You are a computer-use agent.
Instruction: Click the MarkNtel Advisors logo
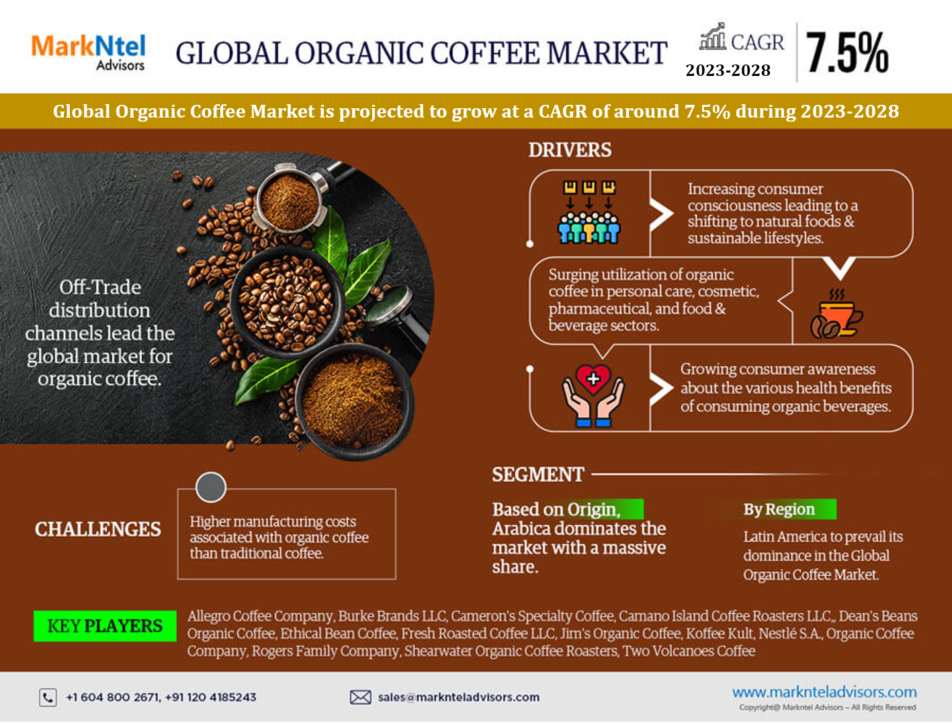point(88,52)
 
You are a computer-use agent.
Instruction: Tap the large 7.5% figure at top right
point(847,52)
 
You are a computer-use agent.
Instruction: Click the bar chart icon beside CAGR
point(712,36)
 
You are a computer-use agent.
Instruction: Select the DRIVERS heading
point(570,150)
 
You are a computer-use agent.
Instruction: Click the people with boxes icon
point(589,212)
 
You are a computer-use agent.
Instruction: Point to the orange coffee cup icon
point(836,314)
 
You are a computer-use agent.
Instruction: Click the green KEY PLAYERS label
point(105,626)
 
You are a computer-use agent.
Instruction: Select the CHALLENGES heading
point(97,529)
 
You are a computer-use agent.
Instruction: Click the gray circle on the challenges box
point(211,487)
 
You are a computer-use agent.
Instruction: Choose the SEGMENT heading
point(537,474)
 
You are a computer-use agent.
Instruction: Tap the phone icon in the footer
point(48,697)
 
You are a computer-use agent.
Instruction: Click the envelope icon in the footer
point(360,697)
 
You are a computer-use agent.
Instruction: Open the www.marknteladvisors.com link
point(824,692)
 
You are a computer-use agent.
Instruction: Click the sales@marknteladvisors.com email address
point(459,697)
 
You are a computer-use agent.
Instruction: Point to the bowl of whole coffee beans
point(287,302)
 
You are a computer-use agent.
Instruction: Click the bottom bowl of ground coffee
point(354,402)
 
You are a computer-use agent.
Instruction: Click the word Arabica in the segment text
point(521,529)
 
